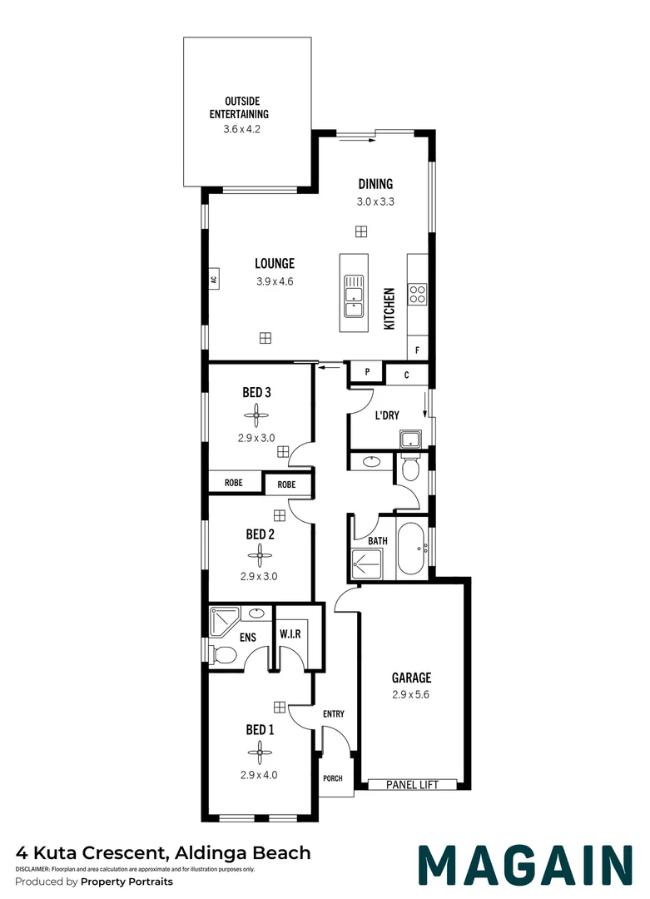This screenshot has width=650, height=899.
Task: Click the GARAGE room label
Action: tap(412, 678)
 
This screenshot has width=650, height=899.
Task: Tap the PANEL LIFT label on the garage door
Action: tap(412, 784)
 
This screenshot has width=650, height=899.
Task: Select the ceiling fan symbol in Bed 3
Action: tap(257, 414)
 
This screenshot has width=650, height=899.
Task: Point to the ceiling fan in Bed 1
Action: tap(260, 753)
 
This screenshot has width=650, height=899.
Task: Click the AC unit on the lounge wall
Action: tap(213, 280)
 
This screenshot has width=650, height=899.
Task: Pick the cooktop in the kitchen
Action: tap(417, 293)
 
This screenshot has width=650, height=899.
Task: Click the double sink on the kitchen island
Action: tap(354, 296)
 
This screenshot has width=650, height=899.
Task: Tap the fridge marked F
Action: tap(417, 350)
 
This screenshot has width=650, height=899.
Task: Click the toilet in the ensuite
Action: tap(221, 655)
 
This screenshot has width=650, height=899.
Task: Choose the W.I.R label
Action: tap(290, 634)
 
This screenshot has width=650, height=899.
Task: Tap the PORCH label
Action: tap(332, 779)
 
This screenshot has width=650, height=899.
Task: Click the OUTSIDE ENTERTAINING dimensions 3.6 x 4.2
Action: tap(247, 129)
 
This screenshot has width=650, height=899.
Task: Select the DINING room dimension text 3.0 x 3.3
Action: tap(375, 201)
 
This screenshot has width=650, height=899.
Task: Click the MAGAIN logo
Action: tap(524, 866)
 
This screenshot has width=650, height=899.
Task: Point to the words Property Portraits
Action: tap(127, 882)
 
